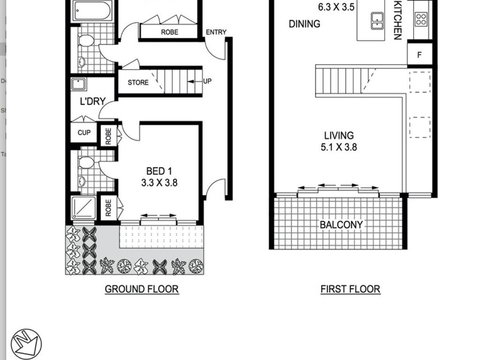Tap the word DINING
click(x=304, y=23)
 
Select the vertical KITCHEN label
click(x=398, y=20)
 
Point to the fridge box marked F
click(x=421, y=53)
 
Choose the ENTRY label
click(x=215, y=32)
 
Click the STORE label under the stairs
click(x=137, y=82)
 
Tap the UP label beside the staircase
click(x=208, y=82)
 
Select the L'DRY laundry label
click(x=83, y=101)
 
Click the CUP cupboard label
click(x=83, y=132)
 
